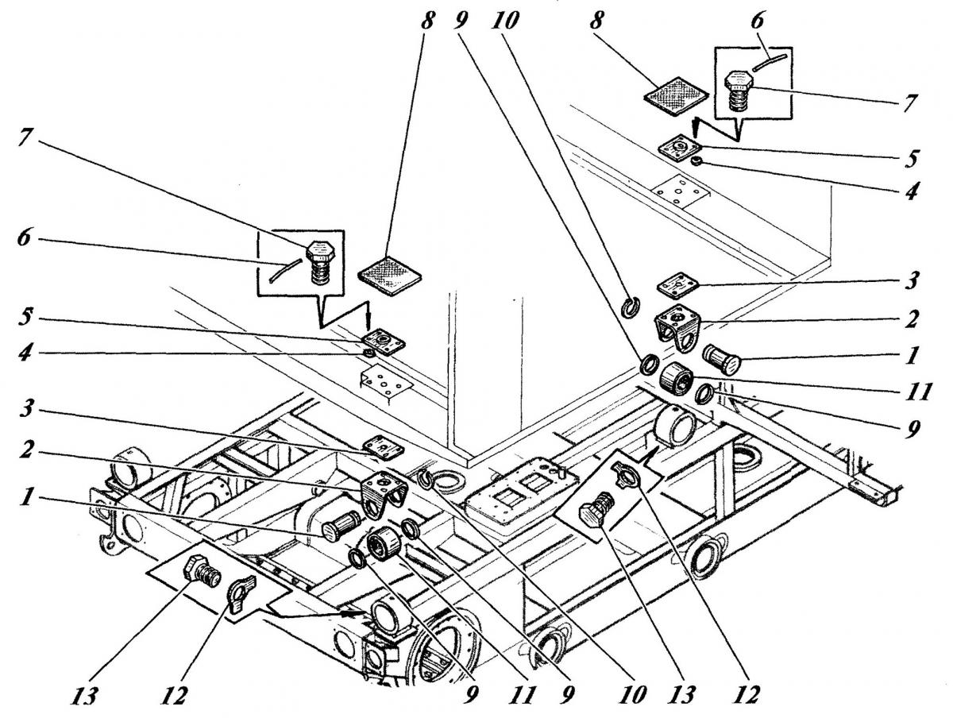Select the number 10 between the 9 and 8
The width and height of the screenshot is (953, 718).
click(x=505, y=20)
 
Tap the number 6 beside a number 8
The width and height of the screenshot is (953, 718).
click(x=756, y=20)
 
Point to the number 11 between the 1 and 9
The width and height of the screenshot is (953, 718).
click(x=916, y=392)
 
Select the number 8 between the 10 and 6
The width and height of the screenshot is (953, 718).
click(x=596, y=20)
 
